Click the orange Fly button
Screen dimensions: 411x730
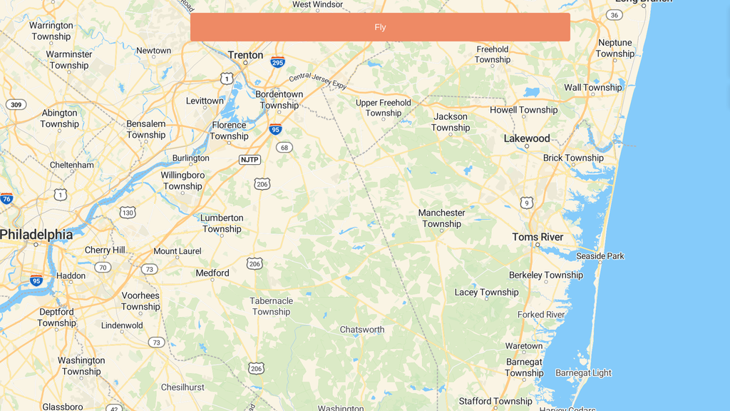click(x=380, y=27)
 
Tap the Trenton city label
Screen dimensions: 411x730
click(x=245, y=55)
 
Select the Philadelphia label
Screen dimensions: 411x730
click(x=36, y=234)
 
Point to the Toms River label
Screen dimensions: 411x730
click(x=538, y=237)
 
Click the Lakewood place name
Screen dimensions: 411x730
click(x=527, y=138)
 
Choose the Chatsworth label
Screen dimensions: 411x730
click(x=361, y=330)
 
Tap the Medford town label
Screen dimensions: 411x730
click(x=212, y=273)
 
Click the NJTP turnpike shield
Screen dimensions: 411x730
click(x=250, y=160)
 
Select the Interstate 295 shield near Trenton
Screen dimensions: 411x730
click(x=277, y=62)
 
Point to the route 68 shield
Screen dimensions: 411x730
click(x=284, y=148)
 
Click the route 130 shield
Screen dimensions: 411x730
click(x=128, y=213)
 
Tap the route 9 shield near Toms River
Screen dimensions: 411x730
click(x=527, y=203)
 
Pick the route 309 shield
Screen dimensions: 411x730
click(x=16, y=105)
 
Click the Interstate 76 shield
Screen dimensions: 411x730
click(x=6, y=198)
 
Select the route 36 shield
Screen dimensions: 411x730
click(x=614, y=15)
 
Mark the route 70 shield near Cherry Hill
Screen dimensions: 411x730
click(x=103, y=268)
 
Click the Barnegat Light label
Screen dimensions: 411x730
click(x=583, y=372)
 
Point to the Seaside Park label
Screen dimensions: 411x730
click(x=600, y=256)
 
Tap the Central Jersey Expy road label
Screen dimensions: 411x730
click(x=318, y=81)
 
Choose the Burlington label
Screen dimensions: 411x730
click(x=190, y=158)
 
